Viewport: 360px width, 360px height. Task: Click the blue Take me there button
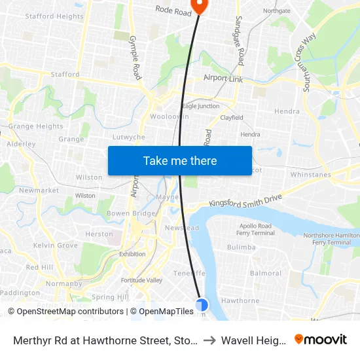point(180,160)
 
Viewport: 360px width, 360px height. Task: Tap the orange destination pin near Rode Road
point(198,6)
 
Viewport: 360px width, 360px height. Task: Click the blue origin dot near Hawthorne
point(202,304)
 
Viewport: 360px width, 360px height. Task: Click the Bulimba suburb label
point(241,247)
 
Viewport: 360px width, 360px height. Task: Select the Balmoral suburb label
point(266,274)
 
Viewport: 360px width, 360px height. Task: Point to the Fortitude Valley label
point(145,280)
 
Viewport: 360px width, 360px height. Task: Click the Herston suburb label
point(99,234)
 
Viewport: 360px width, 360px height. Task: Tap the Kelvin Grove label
point(55,245)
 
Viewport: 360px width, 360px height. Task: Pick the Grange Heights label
point(35,126)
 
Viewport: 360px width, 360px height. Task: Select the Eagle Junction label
point(200,106)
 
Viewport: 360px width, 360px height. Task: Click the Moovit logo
point(321,340)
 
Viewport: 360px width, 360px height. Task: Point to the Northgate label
point(276,11)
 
